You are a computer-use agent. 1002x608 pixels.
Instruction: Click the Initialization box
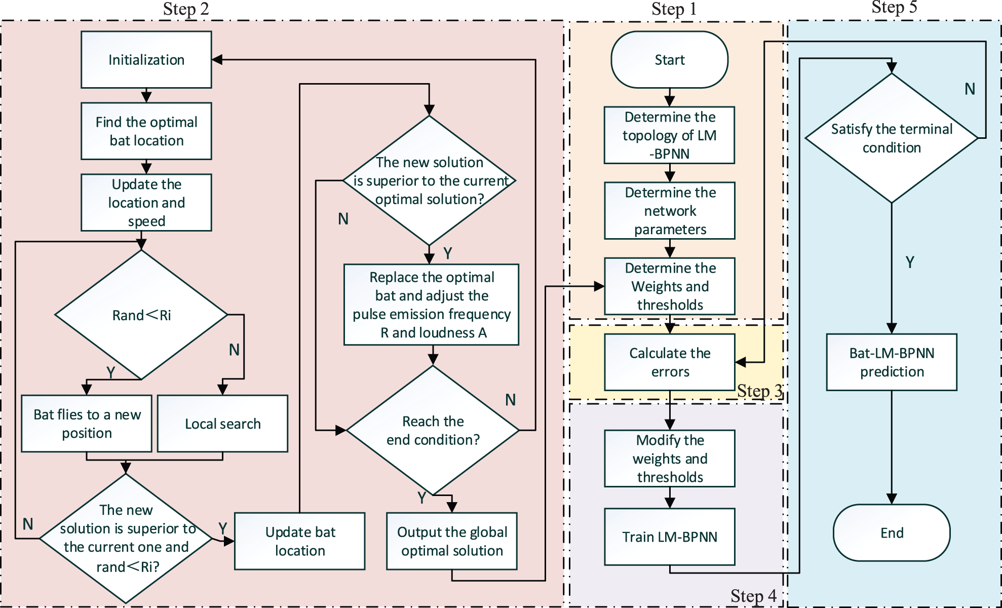(x=146, y=60)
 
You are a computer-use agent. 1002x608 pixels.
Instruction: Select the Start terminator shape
(x=669, y=60)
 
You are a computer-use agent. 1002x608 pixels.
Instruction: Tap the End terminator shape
(x=892, y=533)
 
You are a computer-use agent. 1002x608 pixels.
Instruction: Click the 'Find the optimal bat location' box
(x=146, y=131)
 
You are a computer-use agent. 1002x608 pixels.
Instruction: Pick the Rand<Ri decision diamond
(x=141, y=315)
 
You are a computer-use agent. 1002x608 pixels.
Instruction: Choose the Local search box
(x=222, y=424)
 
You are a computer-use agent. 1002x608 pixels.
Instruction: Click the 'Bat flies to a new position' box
(x=87, y=424)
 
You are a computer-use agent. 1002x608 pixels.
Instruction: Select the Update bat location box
(x=300, y=541)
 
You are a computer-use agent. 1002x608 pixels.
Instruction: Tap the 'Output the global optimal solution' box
(x=452, y=541)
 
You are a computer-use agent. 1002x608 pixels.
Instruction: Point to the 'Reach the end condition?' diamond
(x=433, y=430)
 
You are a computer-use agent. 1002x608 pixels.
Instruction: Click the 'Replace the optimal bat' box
(x=432, y=305)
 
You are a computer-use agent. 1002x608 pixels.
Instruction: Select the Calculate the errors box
(x=670, y=362)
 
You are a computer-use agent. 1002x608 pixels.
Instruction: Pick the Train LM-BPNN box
(x=670, y=537)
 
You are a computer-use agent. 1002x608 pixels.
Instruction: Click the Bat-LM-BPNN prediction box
(x=892, y=362)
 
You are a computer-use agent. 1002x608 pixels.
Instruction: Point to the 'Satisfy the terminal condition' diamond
(x=892, y=138)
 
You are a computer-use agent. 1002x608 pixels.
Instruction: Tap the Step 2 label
(x=186, y=9)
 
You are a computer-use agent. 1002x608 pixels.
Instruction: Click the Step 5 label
(x=894, y=8)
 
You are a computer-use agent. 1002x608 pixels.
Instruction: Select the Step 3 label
(x=759, y=391)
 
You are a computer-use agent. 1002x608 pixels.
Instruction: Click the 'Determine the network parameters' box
(x=670, y=211)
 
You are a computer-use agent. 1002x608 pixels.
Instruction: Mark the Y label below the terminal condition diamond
(x=910, y=262)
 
